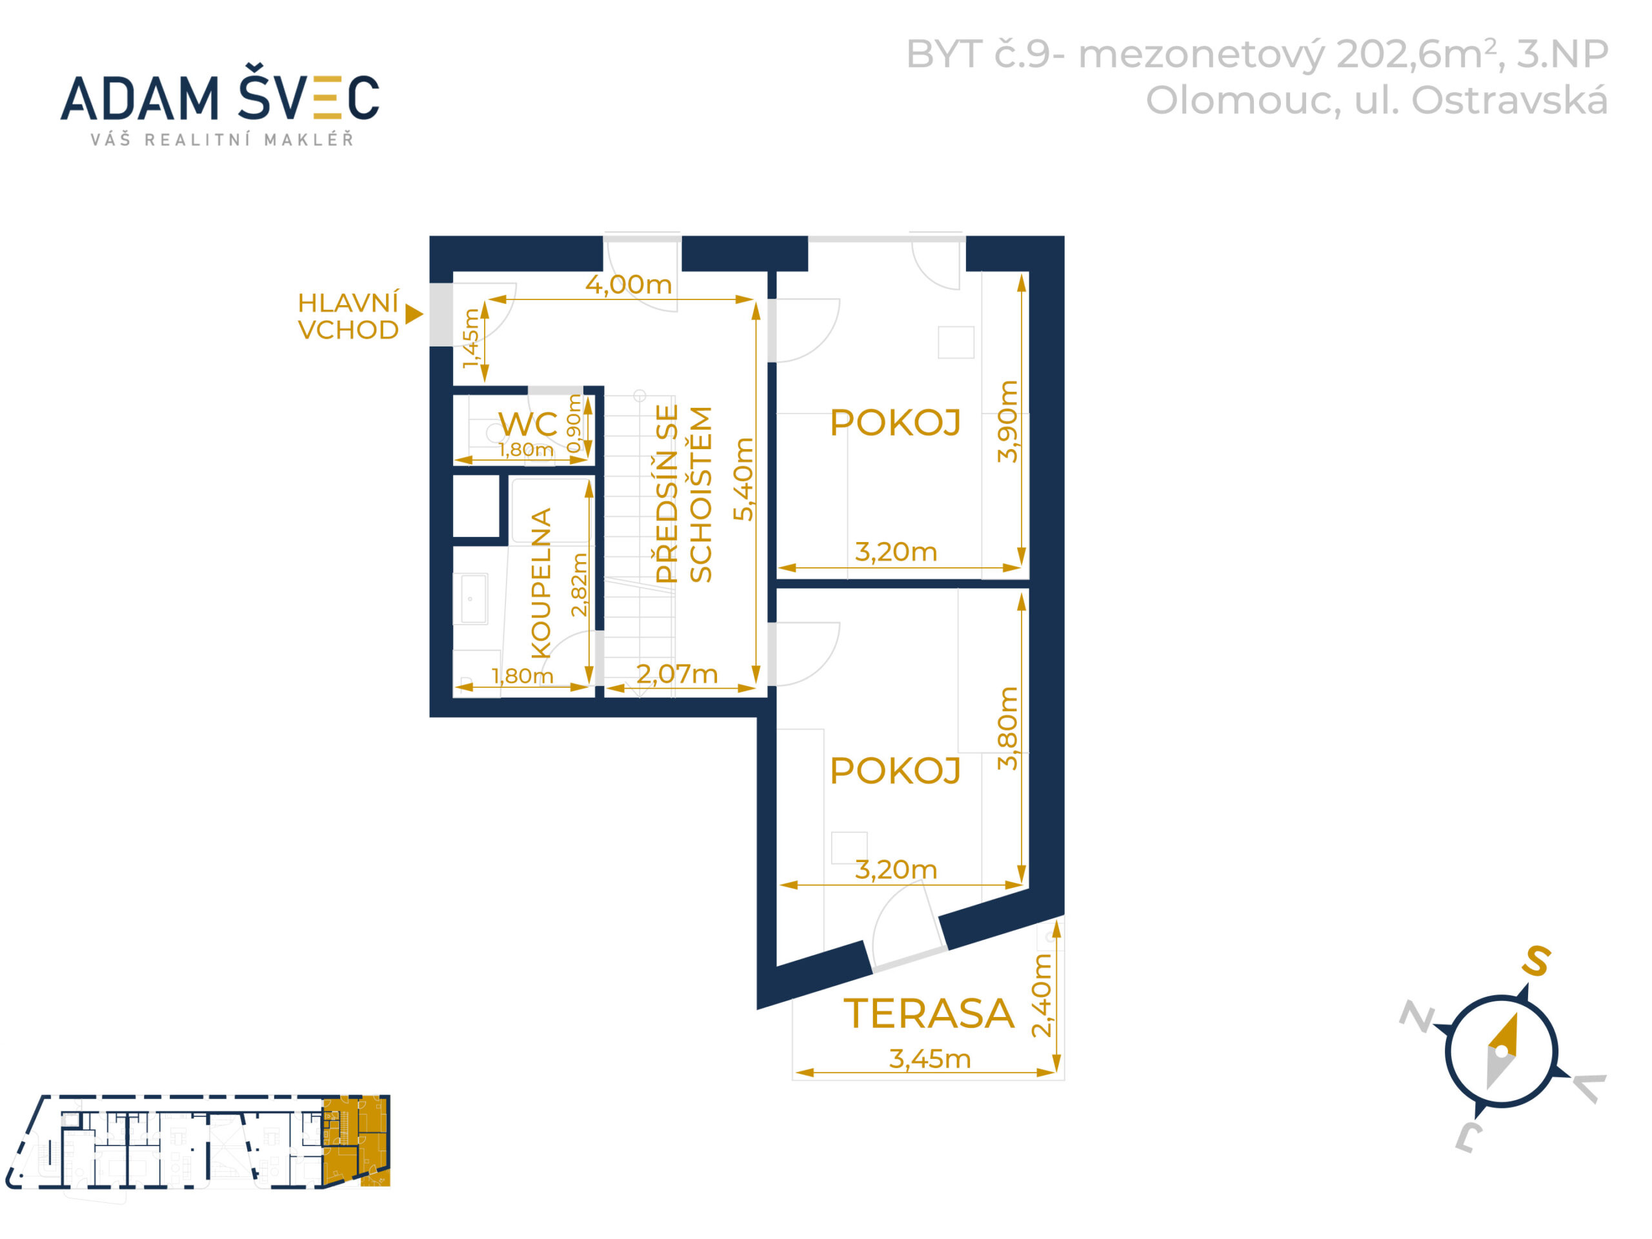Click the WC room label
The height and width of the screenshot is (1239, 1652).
point(527,424)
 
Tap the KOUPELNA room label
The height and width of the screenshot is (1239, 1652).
point(541,583)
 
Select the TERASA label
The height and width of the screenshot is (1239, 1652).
point(929,1013)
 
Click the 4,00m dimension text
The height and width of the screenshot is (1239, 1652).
point(628,285)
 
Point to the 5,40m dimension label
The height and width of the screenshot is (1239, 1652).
point(743,479)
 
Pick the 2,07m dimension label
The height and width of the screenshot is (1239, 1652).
point(677,674)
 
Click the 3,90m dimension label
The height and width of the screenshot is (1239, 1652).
point(1007,421)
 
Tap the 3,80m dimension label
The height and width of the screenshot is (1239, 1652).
point(1007,728)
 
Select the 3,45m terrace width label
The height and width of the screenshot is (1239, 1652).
point(930,1059)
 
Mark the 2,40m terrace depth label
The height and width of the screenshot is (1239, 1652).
point(1041,995)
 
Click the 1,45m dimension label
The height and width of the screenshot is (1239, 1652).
point(470,338)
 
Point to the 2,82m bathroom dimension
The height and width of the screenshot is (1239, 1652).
point(579,584)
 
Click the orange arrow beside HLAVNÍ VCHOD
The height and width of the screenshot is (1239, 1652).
point(414,314)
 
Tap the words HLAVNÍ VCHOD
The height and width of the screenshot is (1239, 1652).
point(348,316)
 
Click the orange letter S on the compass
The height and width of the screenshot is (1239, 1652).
point(1536,960)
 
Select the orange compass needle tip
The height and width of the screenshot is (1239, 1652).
point(1517,1014)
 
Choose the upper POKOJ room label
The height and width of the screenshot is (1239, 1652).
point(894,423)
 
